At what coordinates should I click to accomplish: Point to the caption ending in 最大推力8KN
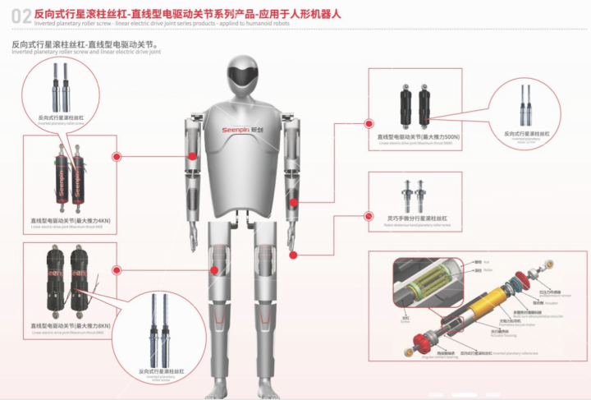71,326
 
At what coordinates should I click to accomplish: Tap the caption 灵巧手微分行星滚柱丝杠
417,218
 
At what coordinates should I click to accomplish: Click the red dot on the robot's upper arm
192,156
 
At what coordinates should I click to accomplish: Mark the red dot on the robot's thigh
216,269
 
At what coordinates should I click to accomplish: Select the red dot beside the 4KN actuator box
117,156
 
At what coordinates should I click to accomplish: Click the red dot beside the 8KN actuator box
117,270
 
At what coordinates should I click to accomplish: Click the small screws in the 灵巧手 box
414,195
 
